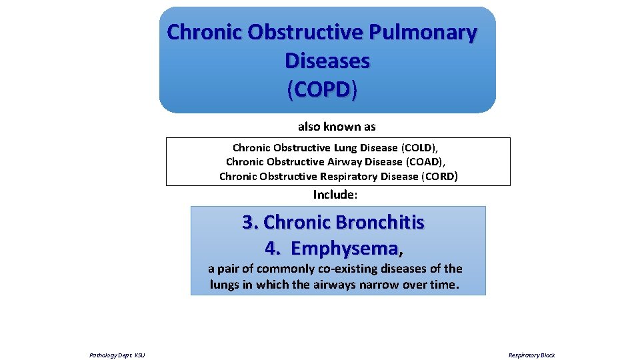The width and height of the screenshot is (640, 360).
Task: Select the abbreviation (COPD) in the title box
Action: coord(322,89)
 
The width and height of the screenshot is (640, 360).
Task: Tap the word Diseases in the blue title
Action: coord(327,61)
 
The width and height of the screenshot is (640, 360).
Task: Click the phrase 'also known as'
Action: coord(337,126)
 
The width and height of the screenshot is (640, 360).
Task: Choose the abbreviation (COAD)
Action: coord(426,161)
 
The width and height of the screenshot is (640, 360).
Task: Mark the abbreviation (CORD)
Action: coord(439,176)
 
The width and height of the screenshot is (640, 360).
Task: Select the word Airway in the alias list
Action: coord(348,161)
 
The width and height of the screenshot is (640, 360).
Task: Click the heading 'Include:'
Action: coord(335,195)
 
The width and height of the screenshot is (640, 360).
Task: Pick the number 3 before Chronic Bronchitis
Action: coord(249,222)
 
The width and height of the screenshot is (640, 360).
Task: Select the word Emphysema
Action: coord(345,249)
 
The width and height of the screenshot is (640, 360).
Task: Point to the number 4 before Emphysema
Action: coord(272,249)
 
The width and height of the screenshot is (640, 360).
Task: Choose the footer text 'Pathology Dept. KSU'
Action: coord(117,355)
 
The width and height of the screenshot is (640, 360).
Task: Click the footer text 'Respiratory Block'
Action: coord(531,355)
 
